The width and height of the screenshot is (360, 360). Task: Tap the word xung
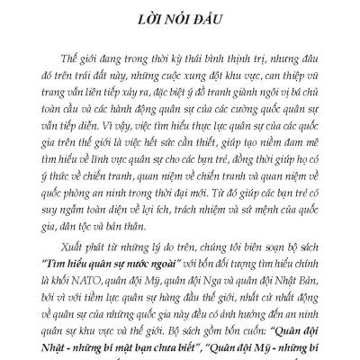tap(185, 68)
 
